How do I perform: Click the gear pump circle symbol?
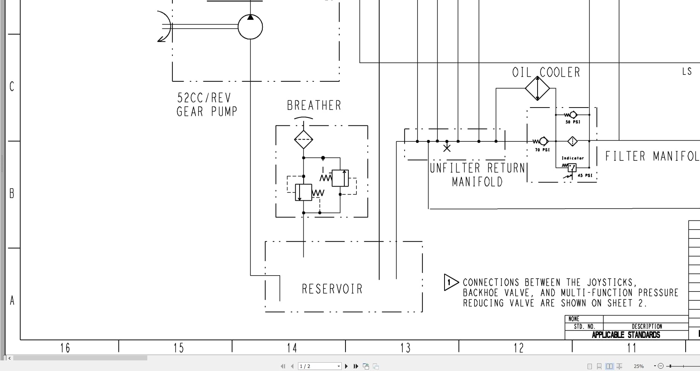[x=250, y=27]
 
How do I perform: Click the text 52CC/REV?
[x=204, y=98]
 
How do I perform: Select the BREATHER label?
[x=314, y=105]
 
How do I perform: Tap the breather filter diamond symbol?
[x=303, y=140]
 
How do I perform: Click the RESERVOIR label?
[x=332, y=289]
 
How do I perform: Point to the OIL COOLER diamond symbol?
[x=537, y=88]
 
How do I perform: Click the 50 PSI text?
[x=573, y=122]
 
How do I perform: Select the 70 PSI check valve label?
[x=542, y=150]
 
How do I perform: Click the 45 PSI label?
[x=585, y=175]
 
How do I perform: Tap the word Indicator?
[x=572, y=158]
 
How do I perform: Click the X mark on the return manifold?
[x=447, y=148]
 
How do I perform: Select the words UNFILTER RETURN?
[x=477, y=168]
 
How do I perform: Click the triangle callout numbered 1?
[x=450, y=282]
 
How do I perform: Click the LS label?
[x=687, y=71]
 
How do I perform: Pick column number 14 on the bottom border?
[x=292, y=347]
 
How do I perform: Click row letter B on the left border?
[x=12, y=193]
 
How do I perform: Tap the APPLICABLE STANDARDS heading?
[x=626, y=335]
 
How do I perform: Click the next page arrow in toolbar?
[x=346, y=366]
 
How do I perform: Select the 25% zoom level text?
[x=639, y=366]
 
